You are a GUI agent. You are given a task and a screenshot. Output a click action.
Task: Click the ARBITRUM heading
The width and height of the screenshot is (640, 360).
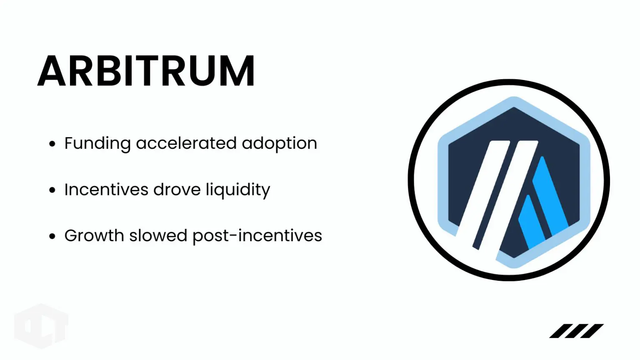point(146,71)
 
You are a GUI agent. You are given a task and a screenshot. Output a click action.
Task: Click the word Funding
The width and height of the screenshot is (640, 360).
point(97,144)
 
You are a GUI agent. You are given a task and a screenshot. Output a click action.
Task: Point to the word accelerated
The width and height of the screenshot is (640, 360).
point(186,143)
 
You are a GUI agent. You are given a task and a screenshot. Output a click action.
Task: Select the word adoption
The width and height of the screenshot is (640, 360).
point(279,144)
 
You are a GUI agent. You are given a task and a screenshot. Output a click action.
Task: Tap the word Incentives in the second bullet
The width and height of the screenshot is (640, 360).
point(106,190)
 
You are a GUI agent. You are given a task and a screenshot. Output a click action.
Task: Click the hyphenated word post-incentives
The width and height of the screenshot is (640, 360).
point(257,236)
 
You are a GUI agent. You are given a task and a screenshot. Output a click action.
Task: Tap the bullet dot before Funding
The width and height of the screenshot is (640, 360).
point(52,144)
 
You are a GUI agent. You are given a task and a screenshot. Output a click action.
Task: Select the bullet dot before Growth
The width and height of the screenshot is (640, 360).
point(52,236)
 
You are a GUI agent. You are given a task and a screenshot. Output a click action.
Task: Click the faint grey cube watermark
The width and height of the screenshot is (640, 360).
point(41,326)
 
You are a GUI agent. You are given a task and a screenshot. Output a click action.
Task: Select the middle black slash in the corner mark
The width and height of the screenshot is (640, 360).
point(577,331)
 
